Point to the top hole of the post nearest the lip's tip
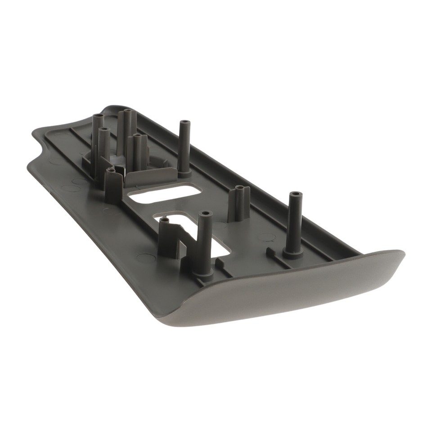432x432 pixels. pos(295,195)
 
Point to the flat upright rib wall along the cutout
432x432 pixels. pos(151,176)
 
